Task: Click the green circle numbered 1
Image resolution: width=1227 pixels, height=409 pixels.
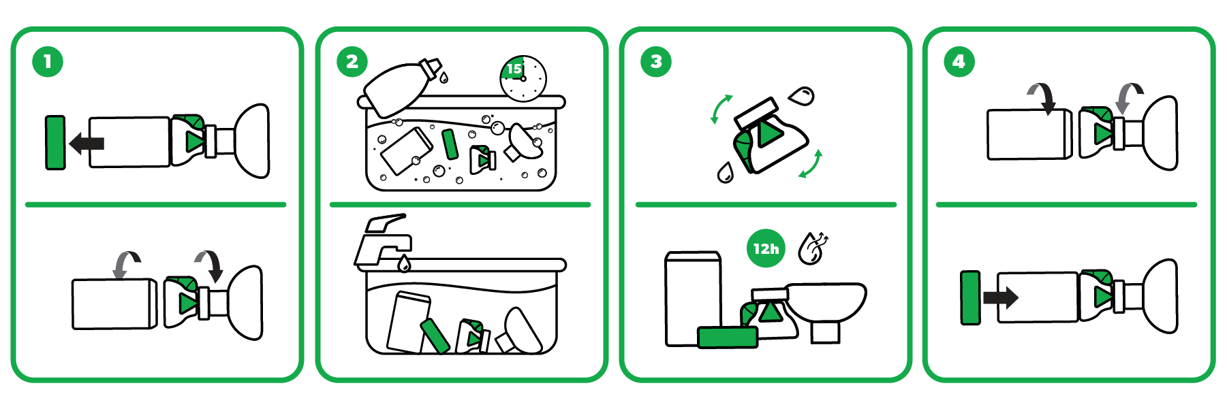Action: click(x=48, y=62)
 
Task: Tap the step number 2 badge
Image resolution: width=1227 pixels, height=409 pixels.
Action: click(x=352, y=62)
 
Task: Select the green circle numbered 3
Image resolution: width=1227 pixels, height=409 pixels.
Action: click(x=656, y=62)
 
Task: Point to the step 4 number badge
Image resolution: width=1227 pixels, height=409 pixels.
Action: click(x=959, y=62)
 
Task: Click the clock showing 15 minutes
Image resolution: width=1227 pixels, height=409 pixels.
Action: click(x=523, y=78)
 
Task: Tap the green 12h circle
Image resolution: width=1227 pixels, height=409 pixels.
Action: click(x=766, y=248)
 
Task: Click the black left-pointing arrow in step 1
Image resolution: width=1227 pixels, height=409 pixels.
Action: click(x=87, y=143)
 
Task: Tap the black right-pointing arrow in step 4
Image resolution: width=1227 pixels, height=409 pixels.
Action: click(x=1001, y=297)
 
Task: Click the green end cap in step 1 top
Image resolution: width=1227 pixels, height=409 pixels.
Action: click(x=55, y=142)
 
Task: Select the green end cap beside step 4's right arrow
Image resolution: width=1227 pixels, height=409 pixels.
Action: click(x=970, y=297)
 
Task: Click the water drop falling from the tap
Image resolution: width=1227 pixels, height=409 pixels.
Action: click(x=404, y=263)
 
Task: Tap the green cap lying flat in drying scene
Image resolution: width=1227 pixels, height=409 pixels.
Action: click(x=728, y=337)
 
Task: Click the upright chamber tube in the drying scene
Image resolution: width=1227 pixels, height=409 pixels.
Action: click(x=693, y=298)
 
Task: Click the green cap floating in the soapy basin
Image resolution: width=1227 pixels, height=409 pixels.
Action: click(x=450, y=144)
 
